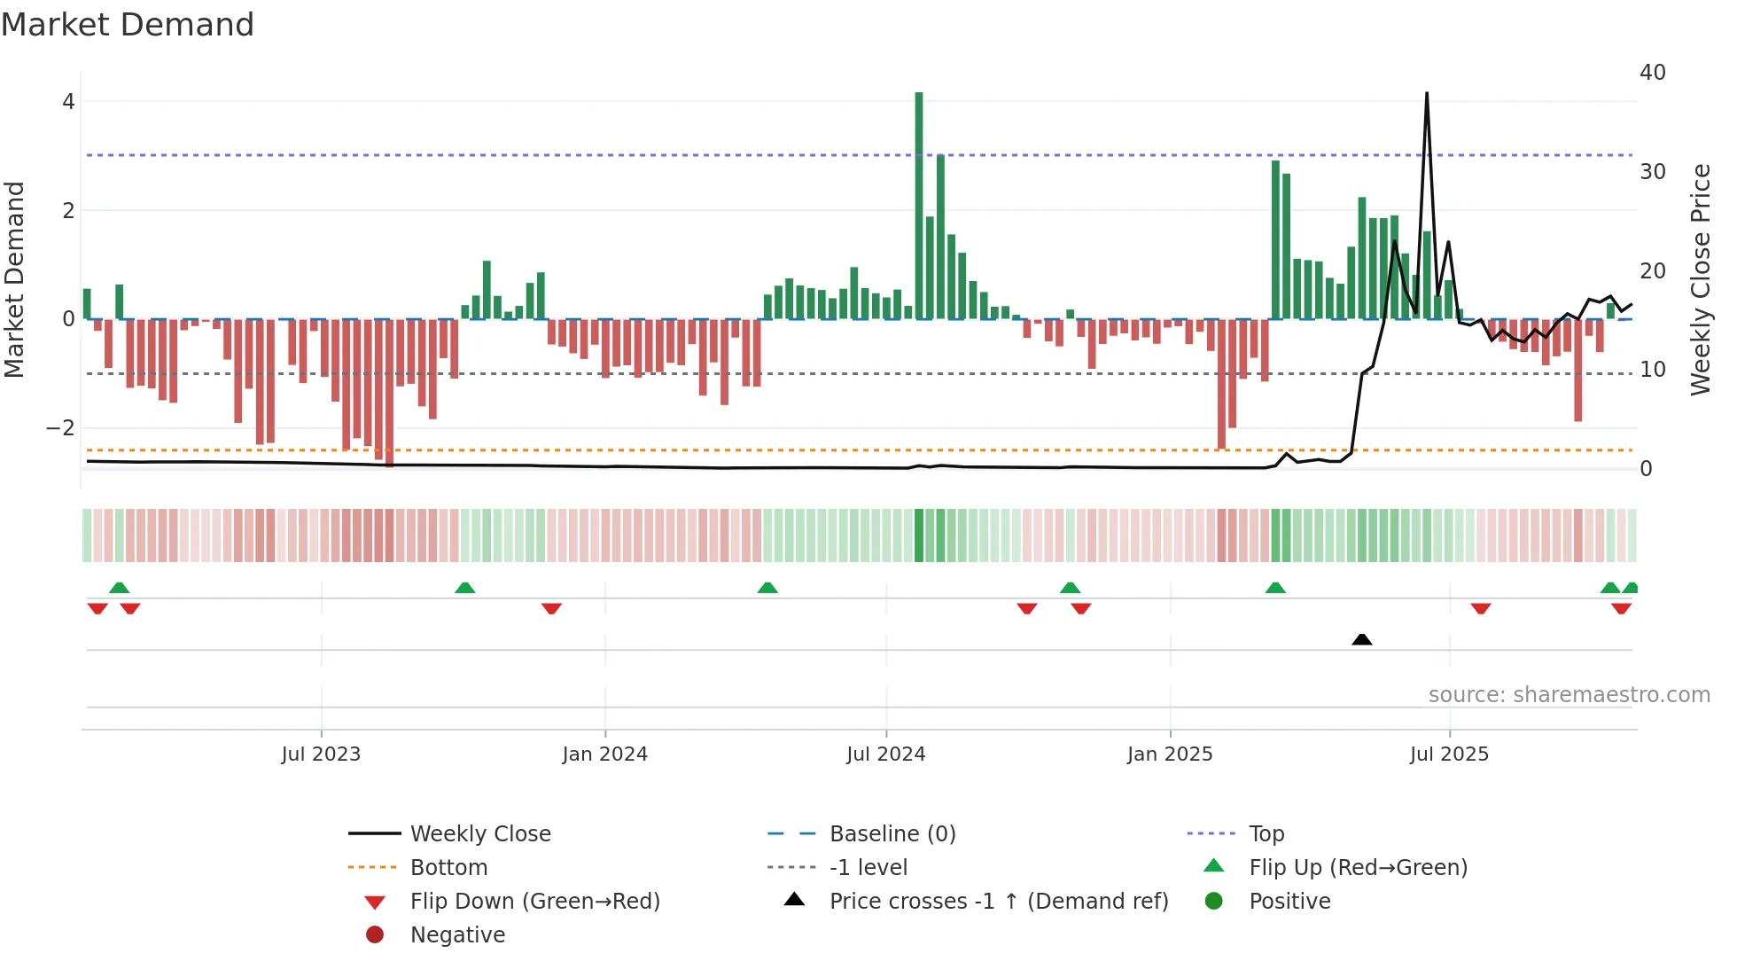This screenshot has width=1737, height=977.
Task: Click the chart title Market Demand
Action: [x=128, y=25]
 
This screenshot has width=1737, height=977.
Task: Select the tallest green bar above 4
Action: [x=919, y=204]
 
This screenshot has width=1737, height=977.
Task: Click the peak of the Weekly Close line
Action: [x=1427, y=94]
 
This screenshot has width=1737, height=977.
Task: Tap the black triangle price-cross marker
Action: [x=1362, y=639]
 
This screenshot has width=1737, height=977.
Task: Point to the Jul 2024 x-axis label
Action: [x=885, y=754]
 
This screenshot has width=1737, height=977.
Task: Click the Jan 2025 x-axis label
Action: [x=1170, y=754]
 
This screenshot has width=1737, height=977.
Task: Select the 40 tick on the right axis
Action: [x=1653, y=73]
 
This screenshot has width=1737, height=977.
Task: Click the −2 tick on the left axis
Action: [x=61, y=428]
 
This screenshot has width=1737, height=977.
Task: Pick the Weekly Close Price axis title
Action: [x=1700, y=279]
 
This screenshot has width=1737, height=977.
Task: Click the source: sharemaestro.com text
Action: [x=1569, y=695]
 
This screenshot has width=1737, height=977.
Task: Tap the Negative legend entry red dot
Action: [x=375, y=935]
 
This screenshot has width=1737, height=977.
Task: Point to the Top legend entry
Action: [x=1266, y=834]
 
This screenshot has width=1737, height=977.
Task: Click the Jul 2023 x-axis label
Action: [x=321, y=754]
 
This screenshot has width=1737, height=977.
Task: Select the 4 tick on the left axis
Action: [x=68, y=102]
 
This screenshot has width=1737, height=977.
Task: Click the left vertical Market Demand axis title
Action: [x=15, y=279]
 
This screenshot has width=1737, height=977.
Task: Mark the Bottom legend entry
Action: [x=448, y=868]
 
